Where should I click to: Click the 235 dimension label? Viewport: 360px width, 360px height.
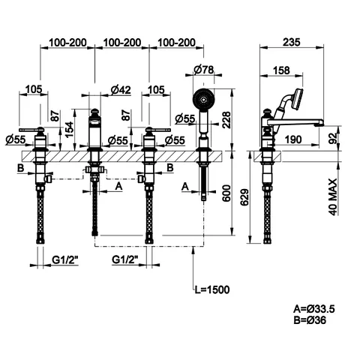coord(291,42)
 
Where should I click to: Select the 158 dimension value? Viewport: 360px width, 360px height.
coord(281,70)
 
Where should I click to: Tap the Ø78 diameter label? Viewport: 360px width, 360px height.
coord(204,69)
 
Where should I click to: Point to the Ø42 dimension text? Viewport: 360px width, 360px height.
coord(121,90)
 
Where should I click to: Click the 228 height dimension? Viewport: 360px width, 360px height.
coord(226,120)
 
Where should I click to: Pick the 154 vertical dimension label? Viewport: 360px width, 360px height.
coord(69,129)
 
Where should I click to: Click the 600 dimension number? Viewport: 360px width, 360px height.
coord(226,193)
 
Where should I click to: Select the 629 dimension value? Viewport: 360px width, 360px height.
coord(244,197)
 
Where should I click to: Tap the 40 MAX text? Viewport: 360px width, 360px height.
coord(332,196)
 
